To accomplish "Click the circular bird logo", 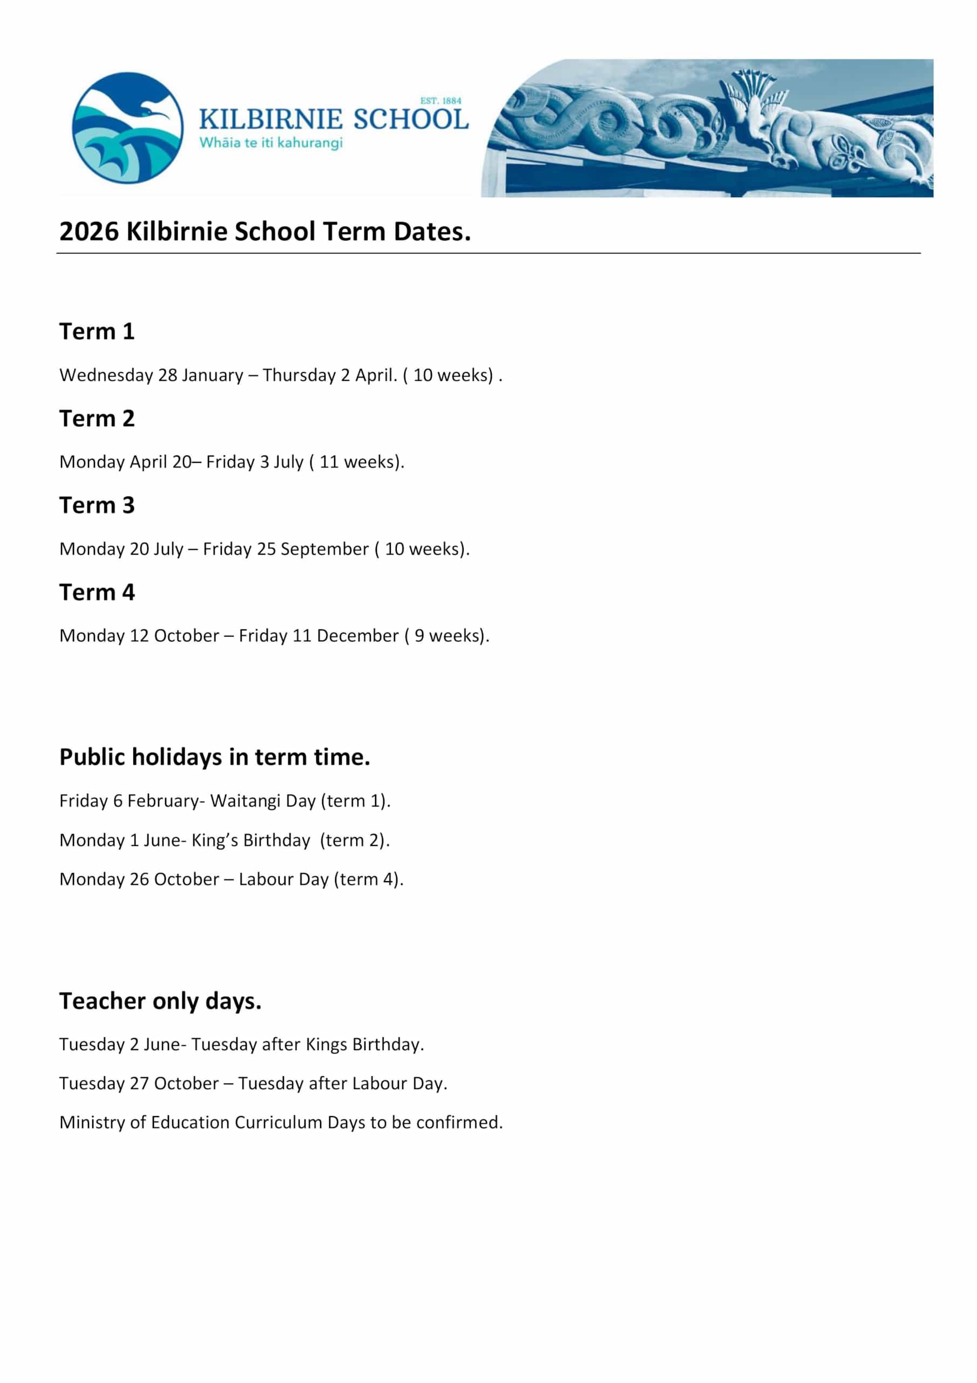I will pos(127,127).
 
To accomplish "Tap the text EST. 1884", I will pos(440,101).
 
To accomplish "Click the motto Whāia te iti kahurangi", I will pos(271,143).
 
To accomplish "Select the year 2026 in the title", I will pos(89,232).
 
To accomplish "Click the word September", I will pos(324,549).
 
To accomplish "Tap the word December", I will pos(357,636).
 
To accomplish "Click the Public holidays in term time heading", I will pos(214,757).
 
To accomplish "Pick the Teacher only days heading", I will pos(160,1001).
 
